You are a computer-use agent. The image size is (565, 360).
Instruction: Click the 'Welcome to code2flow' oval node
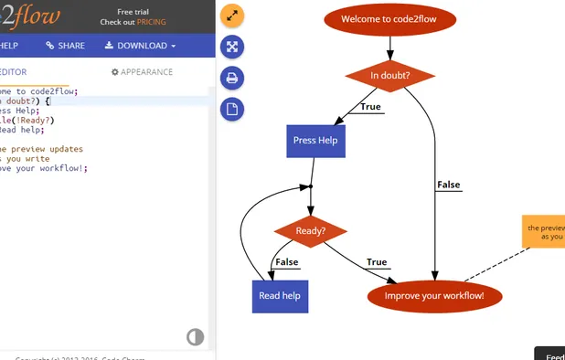coord(390,18)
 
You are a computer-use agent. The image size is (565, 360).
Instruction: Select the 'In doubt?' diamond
coord(390,76)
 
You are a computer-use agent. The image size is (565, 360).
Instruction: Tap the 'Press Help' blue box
coord(316,141)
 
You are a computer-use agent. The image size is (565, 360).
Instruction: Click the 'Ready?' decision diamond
coord(311,231)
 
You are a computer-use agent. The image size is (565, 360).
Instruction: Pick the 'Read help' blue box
coord(280,296)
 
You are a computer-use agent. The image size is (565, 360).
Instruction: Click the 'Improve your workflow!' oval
coord(434,296)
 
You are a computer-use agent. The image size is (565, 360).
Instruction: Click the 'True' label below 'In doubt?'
coord(370,108)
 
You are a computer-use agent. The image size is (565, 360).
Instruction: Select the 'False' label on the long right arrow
coord(449,185)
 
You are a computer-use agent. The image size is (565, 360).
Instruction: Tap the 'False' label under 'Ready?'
coord(287,262)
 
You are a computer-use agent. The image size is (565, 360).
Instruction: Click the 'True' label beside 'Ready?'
coord(377,262)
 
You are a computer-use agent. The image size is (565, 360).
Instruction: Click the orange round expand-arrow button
coord(232,16)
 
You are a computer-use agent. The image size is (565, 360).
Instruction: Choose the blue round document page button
coord(232,110)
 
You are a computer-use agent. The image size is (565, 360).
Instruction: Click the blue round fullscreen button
coord(232,47)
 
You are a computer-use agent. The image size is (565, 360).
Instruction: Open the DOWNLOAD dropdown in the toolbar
coord(140,46)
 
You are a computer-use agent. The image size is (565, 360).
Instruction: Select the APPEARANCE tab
coord(142,72)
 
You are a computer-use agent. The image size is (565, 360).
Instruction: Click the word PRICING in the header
coord(152,21)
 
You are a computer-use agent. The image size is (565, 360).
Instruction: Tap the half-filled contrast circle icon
coord(195,337)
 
